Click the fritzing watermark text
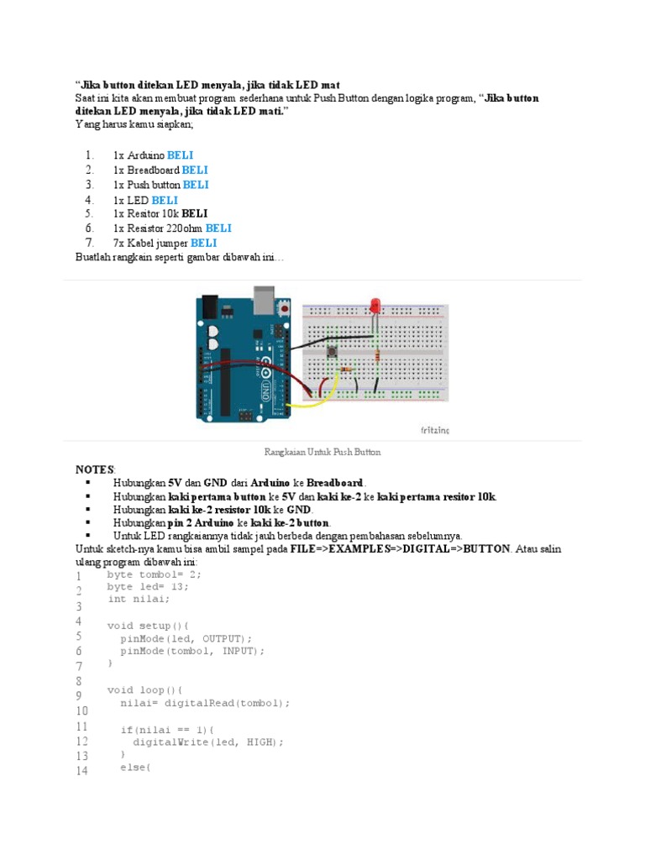pos(434,430)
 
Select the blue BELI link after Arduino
pos(180,155)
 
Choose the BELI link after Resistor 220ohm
pos(218,228)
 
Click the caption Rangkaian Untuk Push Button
pos(322,452)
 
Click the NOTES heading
pos(94,469)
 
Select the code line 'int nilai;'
pos(139,599)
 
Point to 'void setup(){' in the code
pos(148,626)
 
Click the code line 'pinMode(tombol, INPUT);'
pos(191,651)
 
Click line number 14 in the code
pos(81,771)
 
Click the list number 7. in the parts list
pos(89,242)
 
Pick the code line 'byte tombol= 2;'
pos(155,574)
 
